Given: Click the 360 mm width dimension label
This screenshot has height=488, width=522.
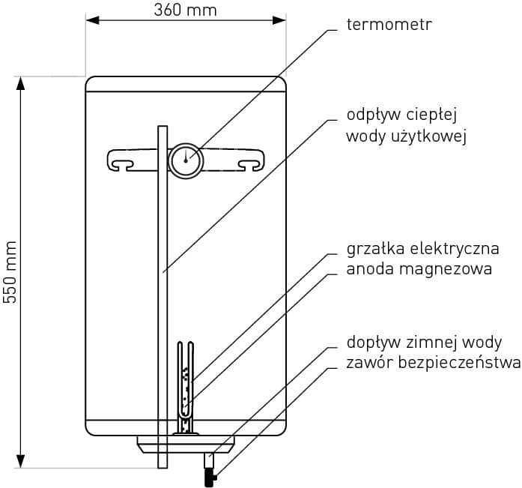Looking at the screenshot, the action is (x=186, y=10).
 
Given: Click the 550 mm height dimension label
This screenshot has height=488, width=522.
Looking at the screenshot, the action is (x=10, y=272).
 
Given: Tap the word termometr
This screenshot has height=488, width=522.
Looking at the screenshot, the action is (x=389, y=24).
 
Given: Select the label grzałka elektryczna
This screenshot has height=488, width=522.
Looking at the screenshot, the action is (x=423, y=249).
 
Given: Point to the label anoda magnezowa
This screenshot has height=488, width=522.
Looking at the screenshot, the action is (x=419, y=269).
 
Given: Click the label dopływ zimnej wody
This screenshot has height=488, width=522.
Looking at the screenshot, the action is (x=424, y=343).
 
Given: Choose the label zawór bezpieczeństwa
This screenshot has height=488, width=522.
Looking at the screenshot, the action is (x=434, y=362).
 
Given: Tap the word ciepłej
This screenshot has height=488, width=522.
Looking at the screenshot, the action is (x=431, y=115).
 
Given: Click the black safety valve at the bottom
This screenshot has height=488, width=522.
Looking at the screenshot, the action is (x=210, y=477).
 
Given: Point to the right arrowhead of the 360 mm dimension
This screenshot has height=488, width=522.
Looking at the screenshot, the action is (x=279, y=20).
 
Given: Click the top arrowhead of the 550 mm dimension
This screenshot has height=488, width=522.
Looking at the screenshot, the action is (x=21, y=83).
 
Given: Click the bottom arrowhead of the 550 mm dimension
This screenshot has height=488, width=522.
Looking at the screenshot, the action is (x=21, y=461).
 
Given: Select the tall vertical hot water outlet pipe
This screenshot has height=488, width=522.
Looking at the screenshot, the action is (x=163, y=297).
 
